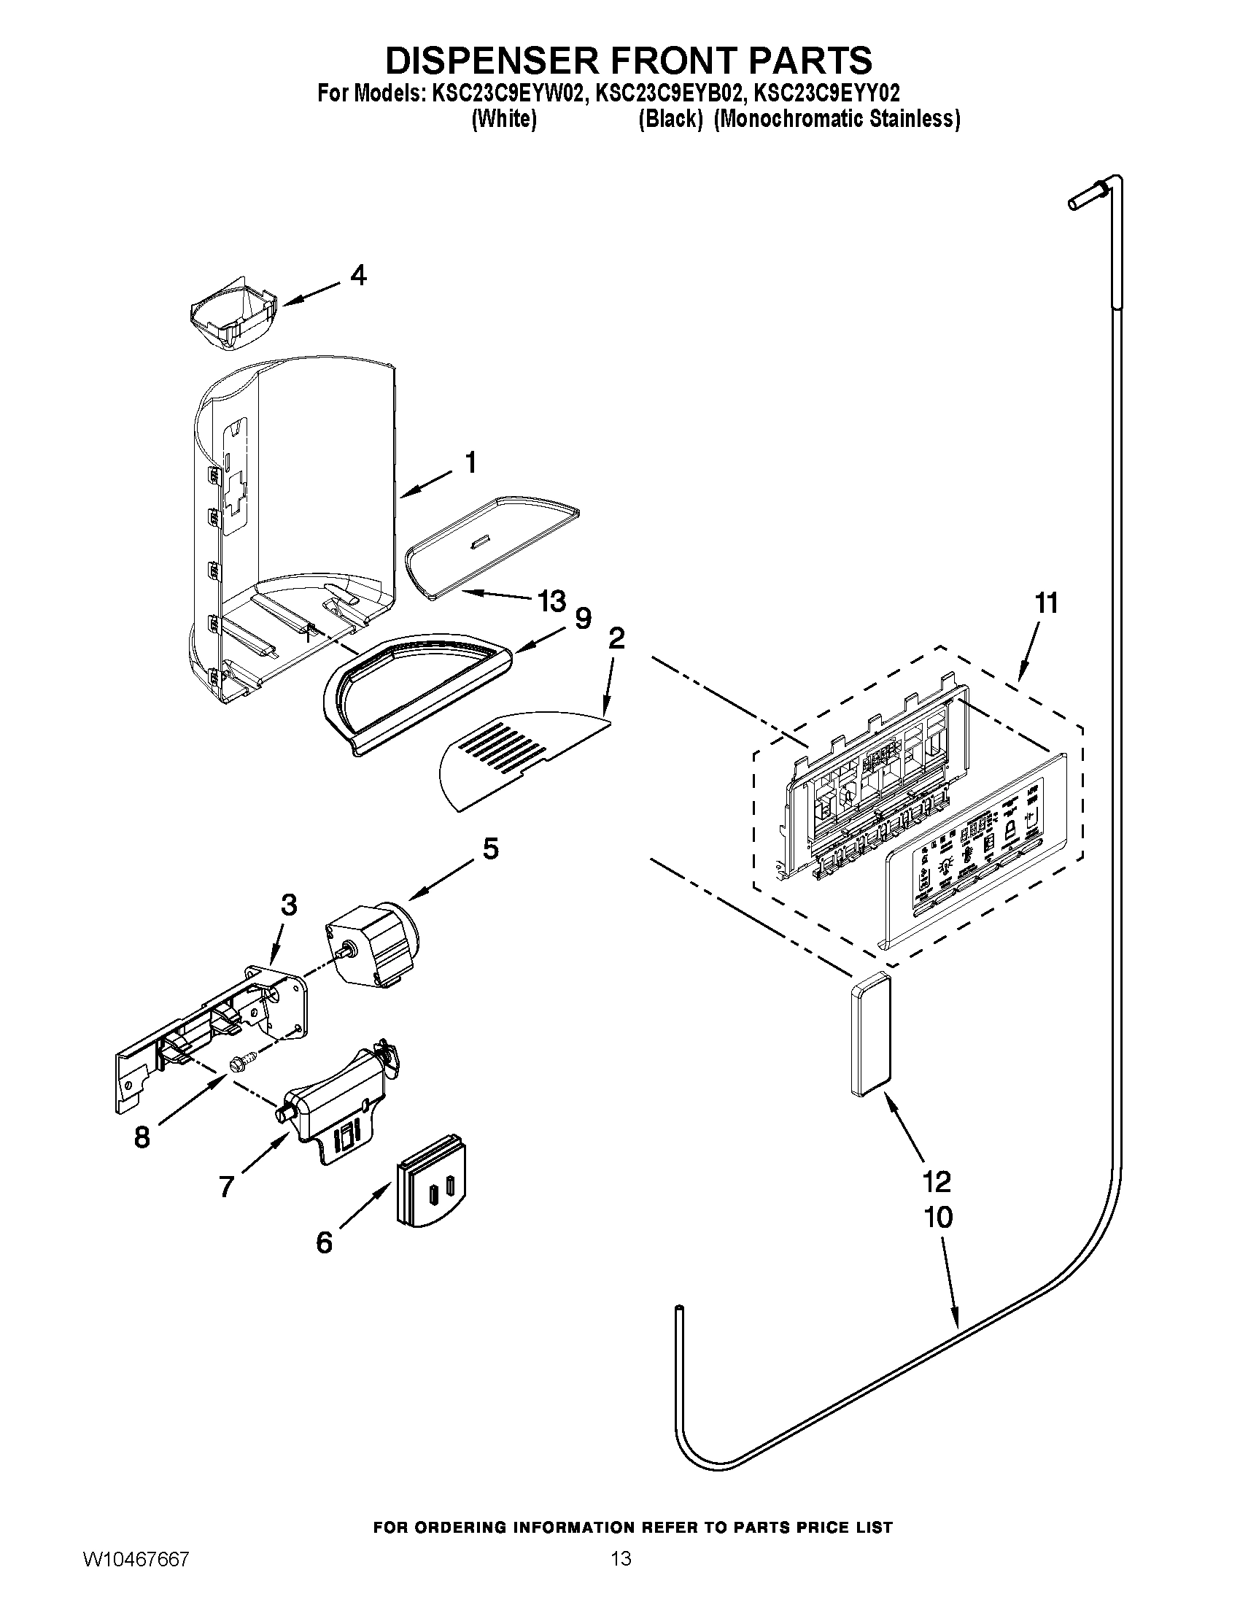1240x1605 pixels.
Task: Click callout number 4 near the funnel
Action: (357, 276)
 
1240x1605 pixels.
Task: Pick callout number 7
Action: (227, 1186)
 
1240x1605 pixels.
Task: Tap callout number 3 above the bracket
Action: (289, 905)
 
